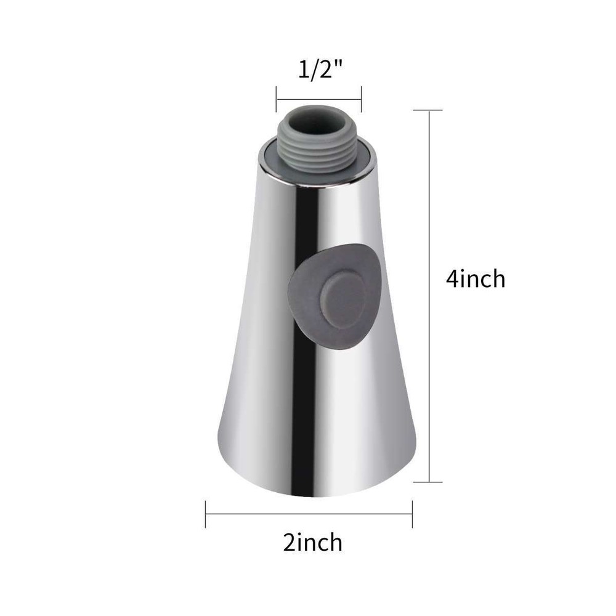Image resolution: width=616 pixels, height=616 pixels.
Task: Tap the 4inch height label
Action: tap(476, 279)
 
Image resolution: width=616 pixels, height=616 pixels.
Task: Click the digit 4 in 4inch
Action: tap(453, 279)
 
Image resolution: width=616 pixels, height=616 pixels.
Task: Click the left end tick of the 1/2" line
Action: tap(276, 96)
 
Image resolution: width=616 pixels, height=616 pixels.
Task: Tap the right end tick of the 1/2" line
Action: tap(361, 96)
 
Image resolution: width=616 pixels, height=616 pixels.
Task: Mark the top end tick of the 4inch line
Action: tap(428, 110)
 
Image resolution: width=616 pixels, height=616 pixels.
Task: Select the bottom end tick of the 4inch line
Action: tap(428, 482)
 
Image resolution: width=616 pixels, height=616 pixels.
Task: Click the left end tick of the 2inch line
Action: tap(206, 514)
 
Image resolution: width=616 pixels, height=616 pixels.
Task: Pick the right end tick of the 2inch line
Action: tap(412, 514)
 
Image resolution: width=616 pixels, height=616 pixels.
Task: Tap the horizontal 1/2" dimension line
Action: tap(318, 96)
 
